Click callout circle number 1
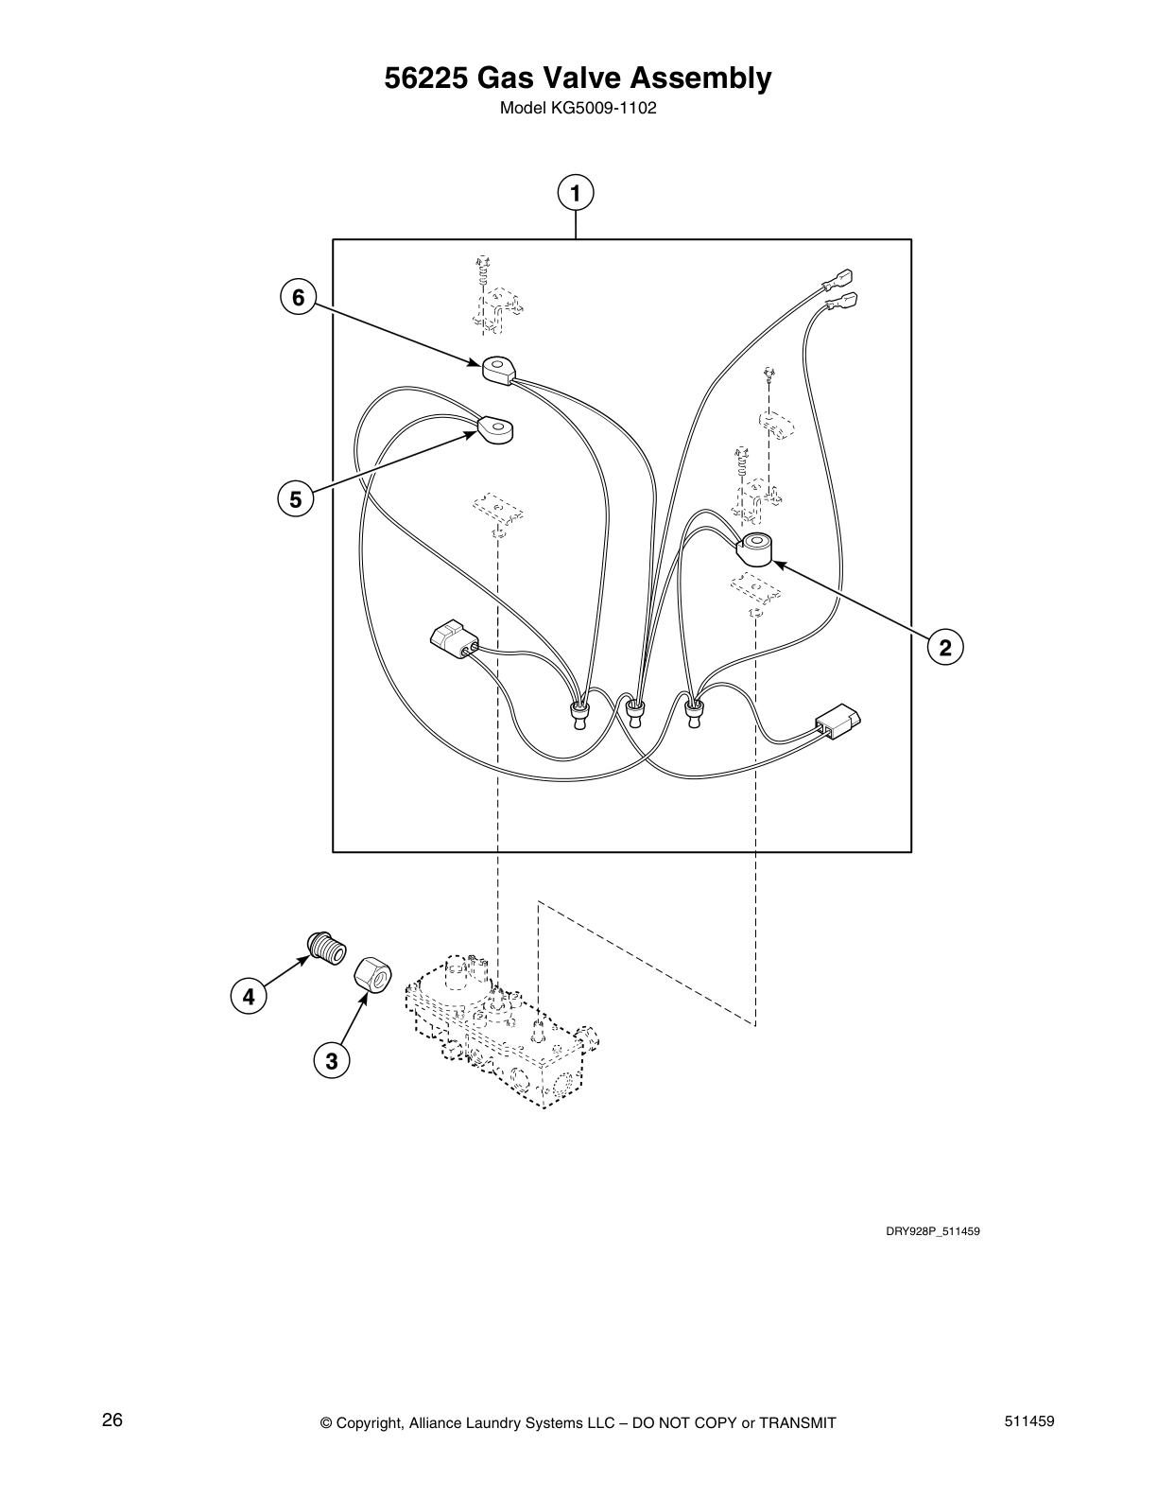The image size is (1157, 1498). [x=576, y=192]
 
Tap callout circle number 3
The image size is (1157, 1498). [x=331, y=1061]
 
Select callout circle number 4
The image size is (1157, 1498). [x=249, y=996]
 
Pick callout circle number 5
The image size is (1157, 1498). [x=296, y=498]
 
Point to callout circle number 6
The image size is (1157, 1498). [x=298, y=298]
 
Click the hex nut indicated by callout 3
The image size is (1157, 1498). [x=372, y=975]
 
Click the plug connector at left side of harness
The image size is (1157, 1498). [x=453, y=639]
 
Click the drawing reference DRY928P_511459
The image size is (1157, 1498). [x=924, y=1231]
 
